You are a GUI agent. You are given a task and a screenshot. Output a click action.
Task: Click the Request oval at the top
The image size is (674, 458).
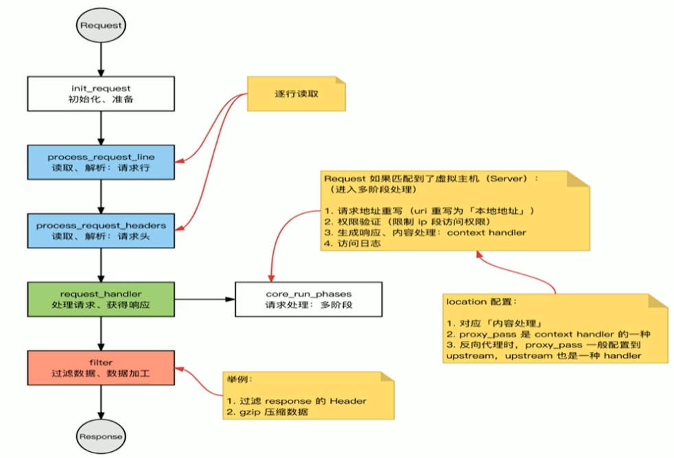click(x=101, y=25)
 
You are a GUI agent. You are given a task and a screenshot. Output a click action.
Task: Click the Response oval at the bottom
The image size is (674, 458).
click(x=101, y=436)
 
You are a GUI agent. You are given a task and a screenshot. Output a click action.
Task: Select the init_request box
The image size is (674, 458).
click(x=101, y=95)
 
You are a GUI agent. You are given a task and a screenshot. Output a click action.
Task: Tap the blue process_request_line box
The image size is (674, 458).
click(x=101, y=162)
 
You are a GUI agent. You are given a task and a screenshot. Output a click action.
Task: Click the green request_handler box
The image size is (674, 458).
click(x=101, y=299)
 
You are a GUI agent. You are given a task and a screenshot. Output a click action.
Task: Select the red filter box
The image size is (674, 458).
click(x=101, y=367)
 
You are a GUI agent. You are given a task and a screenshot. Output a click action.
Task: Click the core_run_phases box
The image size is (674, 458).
click(x=307, y=299)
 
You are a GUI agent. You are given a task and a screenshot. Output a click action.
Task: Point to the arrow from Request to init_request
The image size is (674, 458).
click(x=101, y=60)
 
